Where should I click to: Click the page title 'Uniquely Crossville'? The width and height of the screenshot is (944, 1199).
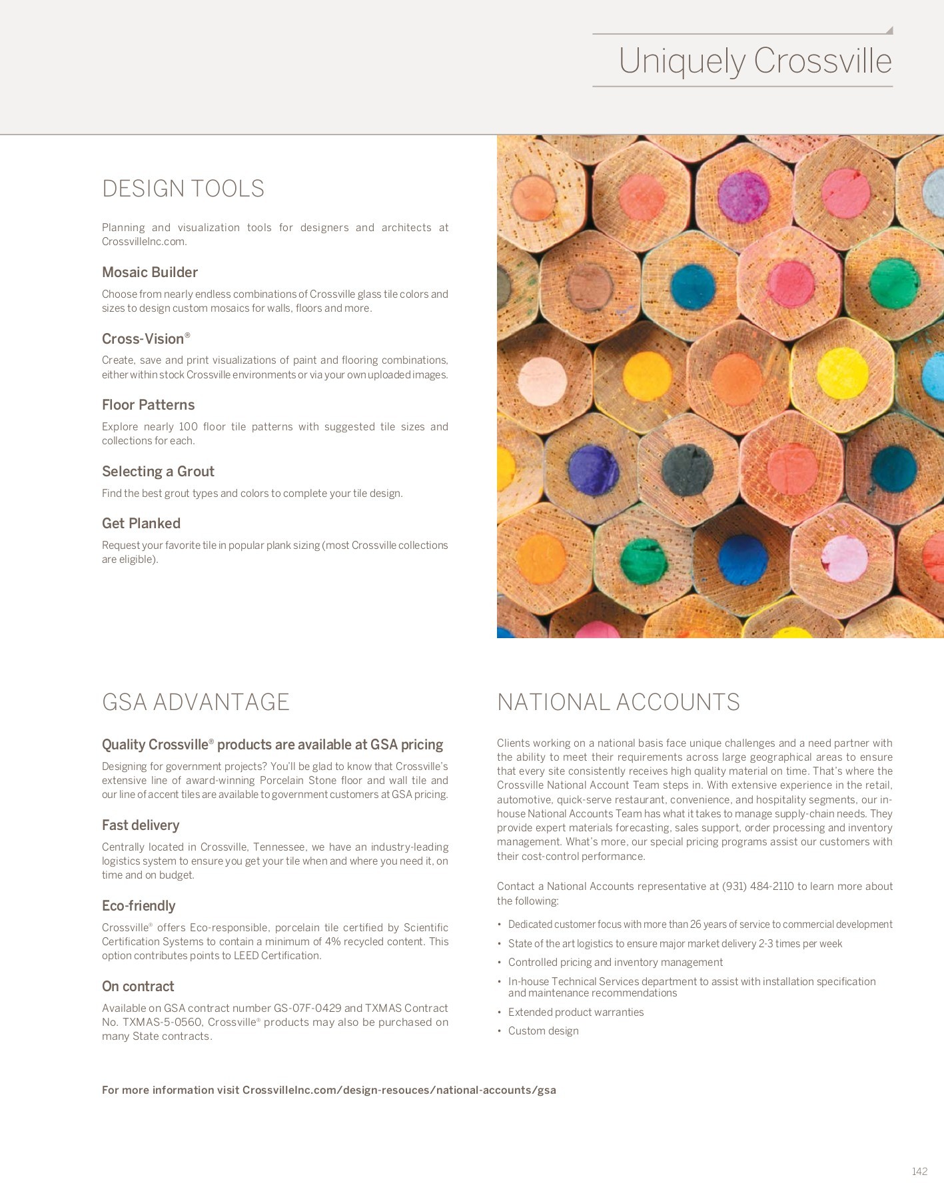tap(755, 61)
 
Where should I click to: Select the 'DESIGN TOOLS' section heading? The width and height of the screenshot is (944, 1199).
tap(183, 189)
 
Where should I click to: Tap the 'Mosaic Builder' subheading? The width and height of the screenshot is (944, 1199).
tap(150, 272)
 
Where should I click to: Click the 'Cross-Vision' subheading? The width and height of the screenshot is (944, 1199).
tap(143, 338)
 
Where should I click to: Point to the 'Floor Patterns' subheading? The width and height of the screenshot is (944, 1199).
tap(148, 405)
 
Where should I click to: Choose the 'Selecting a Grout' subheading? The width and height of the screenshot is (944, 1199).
tap(158, 472)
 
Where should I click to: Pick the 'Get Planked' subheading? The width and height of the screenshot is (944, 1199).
tap(141, 524)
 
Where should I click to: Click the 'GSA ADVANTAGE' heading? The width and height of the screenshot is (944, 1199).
tap(196, 702)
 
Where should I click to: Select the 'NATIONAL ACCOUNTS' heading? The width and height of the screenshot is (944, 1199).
tap(618, 702)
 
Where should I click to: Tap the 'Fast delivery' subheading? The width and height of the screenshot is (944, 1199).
tap(141, 825)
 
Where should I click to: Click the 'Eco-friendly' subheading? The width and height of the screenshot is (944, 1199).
tap(139, 906)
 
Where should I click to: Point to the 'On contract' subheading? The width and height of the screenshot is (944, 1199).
tap(138, 987)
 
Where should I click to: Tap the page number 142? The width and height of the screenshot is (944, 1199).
tap(919, 1172)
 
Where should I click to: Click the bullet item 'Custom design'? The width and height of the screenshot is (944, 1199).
tap(543, 1031)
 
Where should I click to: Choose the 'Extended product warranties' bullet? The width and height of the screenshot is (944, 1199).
tap(576, 1012)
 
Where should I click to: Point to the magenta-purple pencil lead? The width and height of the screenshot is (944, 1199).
tap(743, 196)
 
